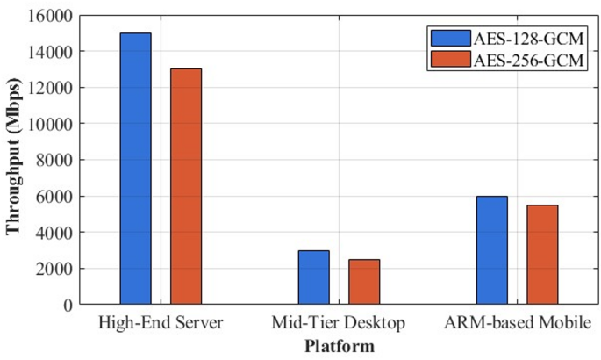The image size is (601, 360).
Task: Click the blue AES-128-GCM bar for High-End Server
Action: (136, 169)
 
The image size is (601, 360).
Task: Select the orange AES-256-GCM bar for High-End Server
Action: (186, 186)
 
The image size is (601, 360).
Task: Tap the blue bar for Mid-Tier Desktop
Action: (313, 277)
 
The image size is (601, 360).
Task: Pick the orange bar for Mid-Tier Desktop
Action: (364, 282)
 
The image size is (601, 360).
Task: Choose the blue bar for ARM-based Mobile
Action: (491, 250)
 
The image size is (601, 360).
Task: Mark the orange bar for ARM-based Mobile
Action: (541, 255)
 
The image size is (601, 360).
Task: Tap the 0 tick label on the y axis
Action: (66, 305)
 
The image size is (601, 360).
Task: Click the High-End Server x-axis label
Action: (161, 323)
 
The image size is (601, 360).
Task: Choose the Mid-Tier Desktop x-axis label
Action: (339, 323)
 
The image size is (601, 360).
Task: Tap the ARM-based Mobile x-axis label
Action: (516, 323)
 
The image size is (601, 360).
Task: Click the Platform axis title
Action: (339, 346)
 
